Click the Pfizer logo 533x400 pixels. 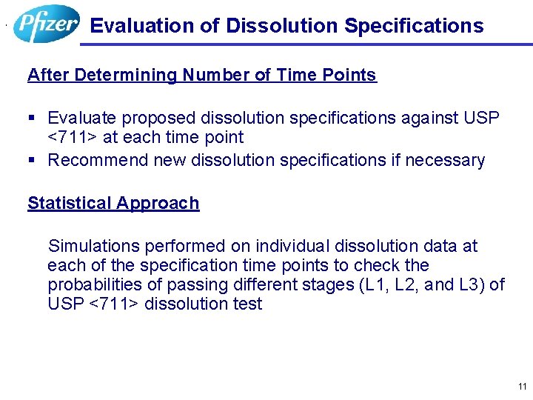click(47, 24)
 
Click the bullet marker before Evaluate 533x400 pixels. click(31, 118)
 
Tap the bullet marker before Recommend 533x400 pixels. click(31, 160)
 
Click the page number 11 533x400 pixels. click(523, 387)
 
